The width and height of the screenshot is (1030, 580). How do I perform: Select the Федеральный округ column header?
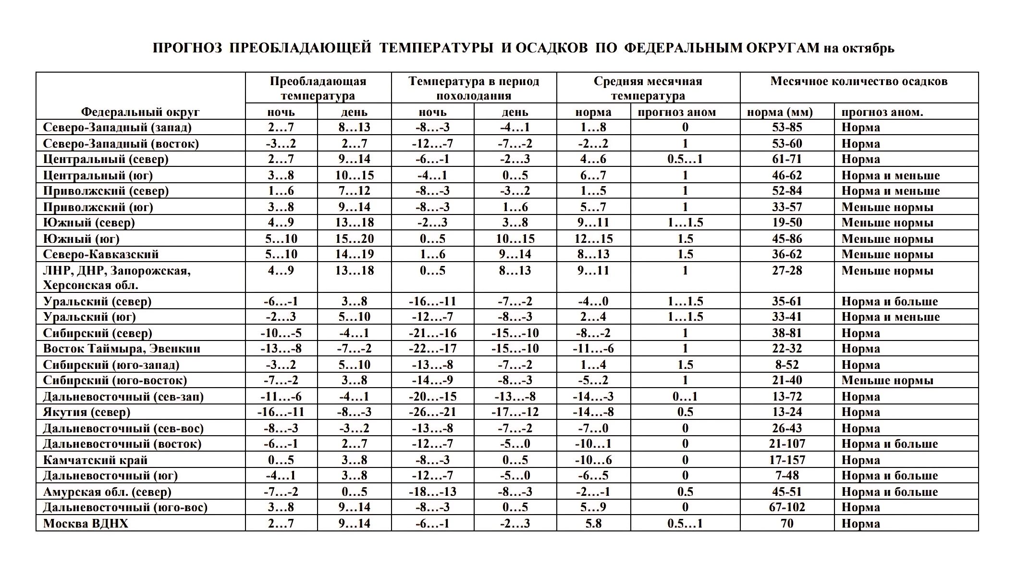(140, 112)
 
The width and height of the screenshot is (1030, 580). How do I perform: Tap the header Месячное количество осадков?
(858, 81)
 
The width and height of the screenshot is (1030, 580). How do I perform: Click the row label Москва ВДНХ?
(86, 523)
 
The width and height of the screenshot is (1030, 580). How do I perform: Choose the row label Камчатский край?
(95, 460)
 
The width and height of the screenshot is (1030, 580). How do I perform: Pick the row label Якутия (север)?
(86, 412)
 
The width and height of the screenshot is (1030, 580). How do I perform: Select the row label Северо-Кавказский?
(101, 254)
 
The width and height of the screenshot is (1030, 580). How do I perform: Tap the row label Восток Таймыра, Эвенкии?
(122, 349)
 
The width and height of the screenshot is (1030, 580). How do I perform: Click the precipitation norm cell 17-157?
(787, 460)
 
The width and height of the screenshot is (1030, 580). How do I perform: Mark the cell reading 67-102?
(787, 507)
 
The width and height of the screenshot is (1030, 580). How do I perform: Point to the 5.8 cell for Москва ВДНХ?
(593, 523)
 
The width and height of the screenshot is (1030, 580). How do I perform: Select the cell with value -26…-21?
(432, 412)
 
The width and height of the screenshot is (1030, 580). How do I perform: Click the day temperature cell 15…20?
(355, 239)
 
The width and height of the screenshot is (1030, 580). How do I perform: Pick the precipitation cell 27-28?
(787, 271)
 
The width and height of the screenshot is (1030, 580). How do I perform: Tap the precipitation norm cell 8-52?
(787, 365)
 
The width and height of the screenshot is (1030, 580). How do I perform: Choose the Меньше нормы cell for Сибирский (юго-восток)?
(887, 380)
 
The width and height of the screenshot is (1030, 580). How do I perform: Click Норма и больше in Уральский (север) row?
(889, 302)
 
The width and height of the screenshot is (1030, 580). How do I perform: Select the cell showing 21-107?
(787, 444)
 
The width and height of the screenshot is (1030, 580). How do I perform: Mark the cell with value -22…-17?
(432, 349)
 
